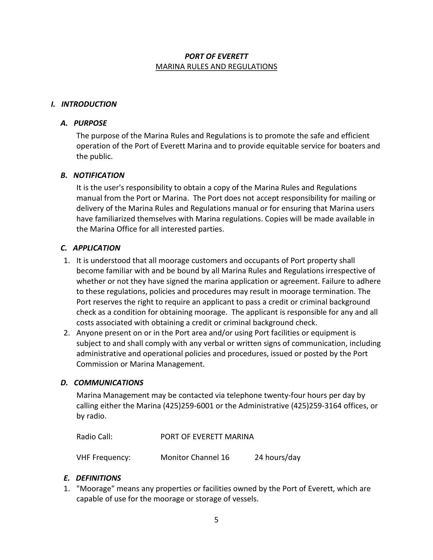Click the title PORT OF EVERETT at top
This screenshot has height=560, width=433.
pos(216,56)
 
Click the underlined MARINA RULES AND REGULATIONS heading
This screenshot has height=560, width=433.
pos(216,67)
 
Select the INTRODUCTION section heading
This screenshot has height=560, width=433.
pos(89,104)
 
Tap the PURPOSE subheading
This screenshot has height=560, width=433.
pos(90,123)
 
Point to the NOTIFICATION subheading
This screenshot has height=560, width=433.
pos(99,175)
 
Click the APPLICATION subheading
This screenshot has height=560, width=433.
pos(96,248)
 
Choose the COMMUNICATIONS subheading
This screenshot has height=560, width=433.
pos(109,383)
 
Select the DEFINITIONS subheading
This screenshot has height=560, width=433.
pos(98,478)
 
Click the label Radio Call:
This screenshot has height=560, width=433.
pos(94,437)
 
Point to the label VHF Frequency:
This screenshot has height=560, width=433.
pos(103,457)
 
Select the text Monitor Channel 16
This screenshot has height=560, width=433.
pos(195,457)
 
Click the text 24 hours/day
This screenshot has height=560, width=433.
pos(277,457)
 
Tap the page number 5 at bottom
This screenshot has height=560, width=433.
pos(216,520)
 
